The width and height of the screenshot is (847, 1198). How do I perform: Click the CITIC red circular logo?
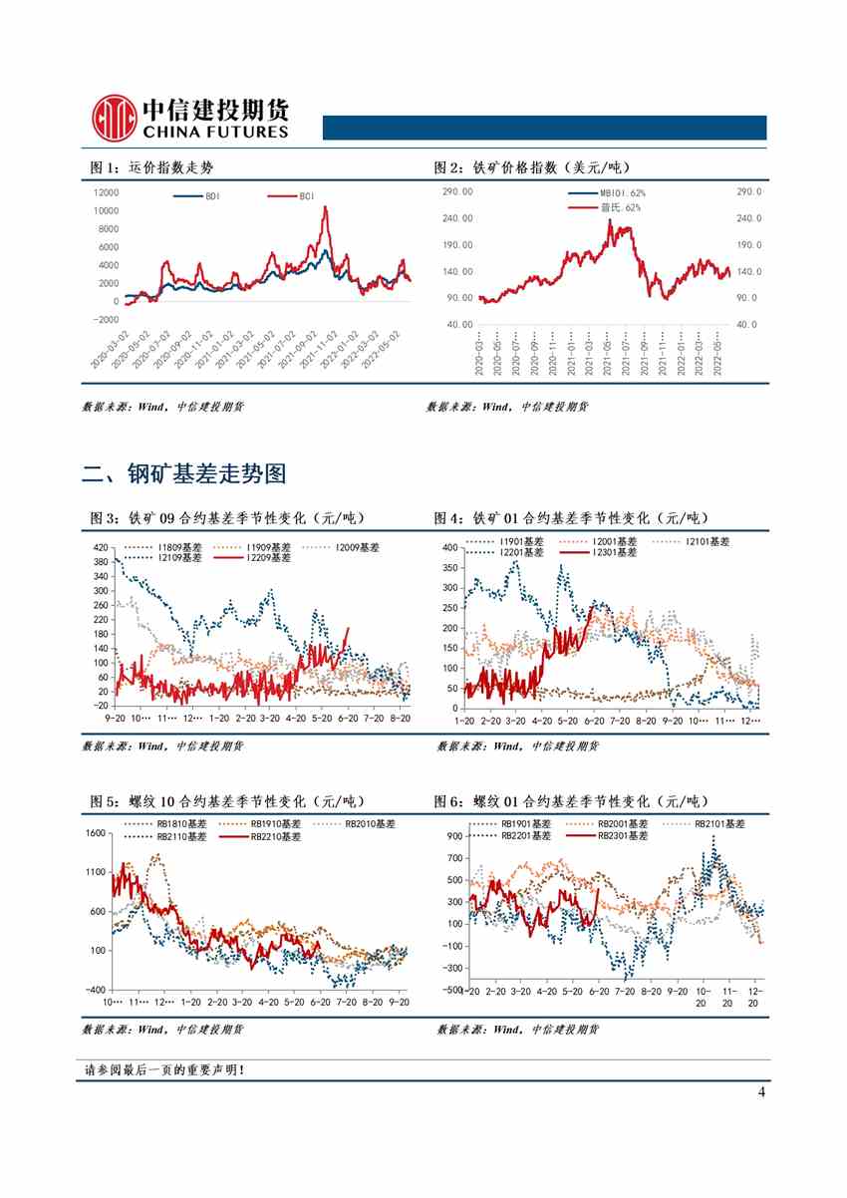pyautogui.click(x=113, y=118)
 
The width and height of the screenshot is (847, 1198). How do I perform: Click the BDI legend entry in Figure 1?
pyautogui.click(x=203, y=196)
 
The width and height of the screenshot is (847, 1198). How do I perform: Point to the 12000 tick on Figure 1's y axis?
pyautogui.click(x=105, y=192)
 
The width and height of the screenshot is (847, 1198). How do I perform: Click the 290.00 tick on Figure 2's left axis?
pyautogui.click(x=458, y=191)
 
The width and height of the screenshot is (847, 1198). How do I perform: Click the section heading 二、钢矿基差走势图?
pyautogui.click(x=184, y=474)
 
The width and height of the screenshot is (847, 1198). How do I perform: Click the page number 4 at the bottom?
pyautogui.click(x=761, y=1092)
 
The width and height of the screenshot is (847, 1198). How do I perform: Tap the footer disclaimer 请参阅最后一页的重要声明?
pyautogui.click(x=164, y=1070)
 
